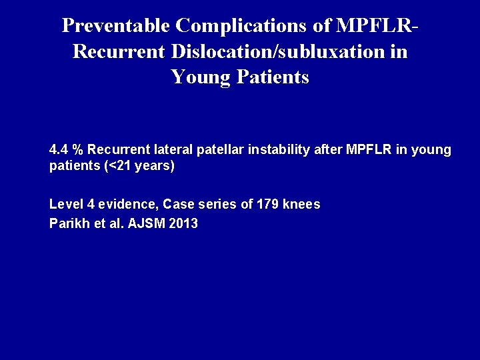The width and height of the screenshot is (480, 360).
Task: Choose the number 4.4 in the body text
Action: [x=59, y=151]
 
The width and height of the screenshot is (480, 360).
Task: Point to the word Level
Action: [x=65, y=205]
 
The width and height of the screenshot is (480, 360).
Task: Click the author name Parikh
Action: [x=67, y=224]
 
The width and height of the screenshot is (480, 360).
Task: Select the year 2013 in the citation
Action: [x=183, y=224]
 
